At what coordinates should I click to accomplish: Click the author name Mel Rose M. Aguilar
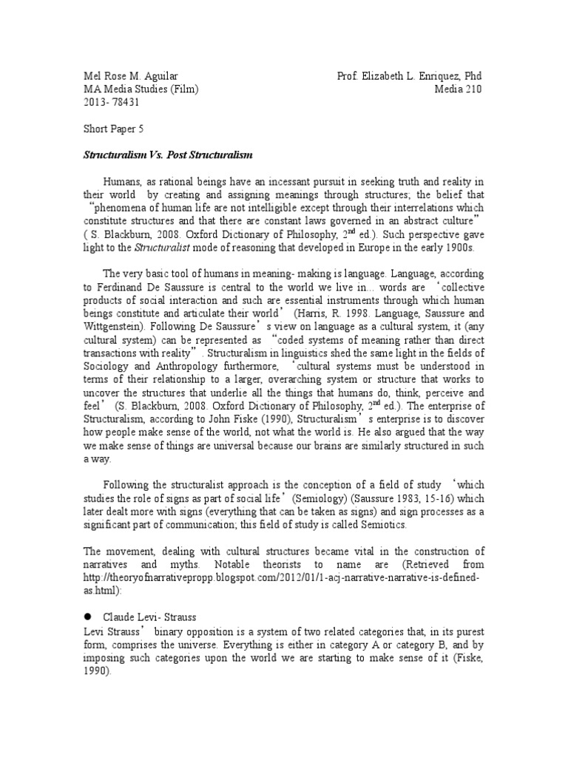pos(130,77)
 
